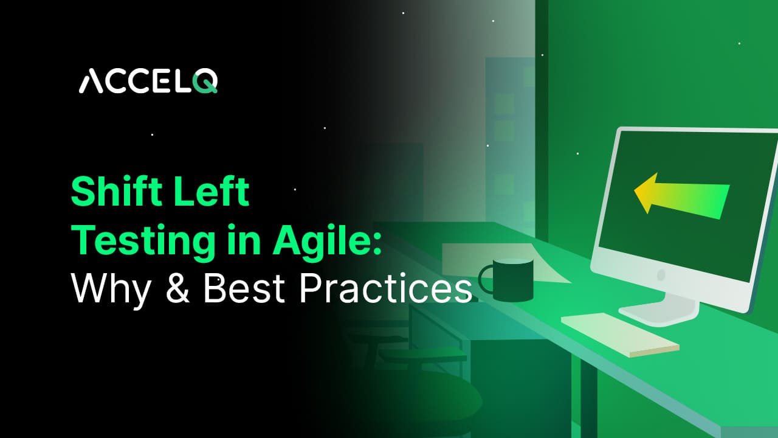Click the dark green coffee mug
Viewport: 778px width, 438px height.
[x=513, y=280]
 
